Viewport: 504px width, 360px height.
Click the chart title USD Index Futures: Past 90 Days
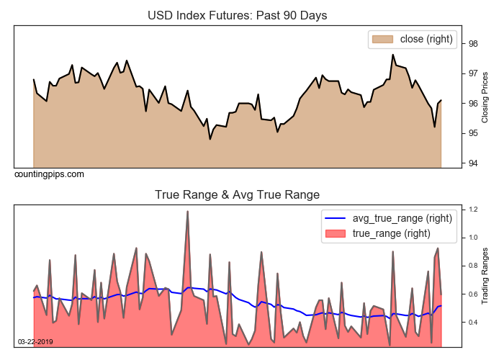coord(237,15)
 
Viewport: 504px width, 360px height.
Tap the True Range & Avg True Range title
coord(237,194)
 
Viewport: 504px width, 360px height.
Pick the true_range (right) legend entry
coord(391,233)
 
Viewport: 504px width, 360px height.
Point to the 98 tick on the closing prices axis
coord(474,43)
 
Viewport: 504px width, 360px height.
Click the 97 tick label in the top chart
coord(474,73)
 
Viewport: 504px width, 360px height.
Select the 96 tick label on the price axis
coord(474,103)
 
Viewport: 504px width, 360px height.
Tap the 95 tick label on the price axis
coord(474,133)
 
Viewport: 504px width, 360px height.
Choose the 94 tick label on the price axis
coord(474,163)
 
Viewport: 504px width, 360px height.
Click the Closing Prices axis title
coord(485,96)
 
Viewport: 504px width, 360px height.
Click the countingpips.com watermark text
coord(49,174)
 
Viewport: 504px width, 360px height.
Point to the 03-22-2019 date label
coord(35,341)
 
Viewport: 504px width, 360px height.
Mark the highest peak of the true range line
coord(187,212)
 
